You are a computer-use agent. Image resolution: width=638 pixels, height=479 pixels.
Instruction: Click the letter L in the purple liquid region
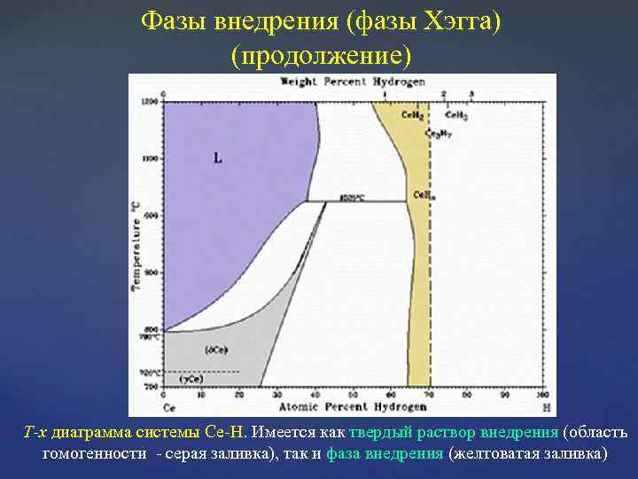pos(218,159)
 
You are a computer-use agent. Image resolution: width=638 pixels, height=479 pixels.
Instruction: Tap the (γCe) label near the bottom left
pos(191,379)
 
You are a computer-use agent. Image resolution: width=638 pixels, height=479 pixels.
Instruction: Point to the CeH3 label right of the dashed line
pos(456,115)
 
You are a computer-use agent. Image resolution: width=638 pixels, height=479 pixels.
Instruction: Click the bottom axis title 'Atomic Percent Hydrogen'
pos(353,407)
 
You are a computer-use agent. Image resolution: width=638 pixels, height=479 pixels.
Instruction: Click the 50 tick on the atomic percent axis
pos(353,395)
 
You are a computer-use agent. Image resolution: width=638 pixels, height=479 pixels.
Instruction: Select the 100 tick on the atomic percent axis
pos(541,395)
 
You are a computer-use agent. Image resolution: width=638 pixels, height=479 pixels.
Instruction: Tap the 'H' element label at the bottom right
pos(543,407)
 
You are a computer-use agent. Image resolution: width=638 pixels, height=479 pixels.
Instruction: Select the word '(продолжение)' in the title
pos(321,56)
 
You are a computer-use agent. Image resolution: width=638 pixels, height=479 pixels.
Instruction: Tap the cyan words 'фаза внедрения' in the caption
pos(385,453)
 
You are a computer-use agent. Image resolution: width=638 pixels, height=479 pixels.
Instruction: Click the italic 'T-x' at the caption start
pos(35,432)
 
